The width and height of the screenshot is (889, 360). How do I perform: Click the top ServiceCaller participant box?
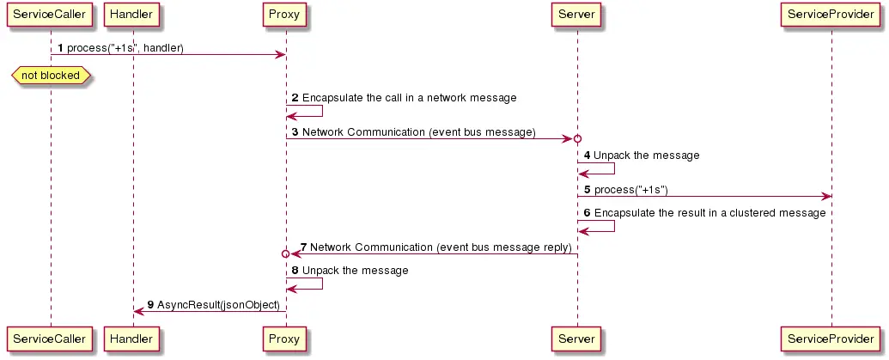(x=50, y=15)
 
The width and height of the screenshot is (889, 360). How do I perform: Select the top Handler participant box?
(x=132, y=15)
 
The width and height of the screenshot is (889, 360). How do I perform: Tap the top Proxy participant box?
(x=285, y=15)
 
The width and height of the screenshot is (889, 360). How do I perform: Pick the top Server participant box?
(x=576, y=15)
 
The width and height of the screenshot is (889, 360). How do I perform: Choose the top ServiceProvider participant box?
(x=831, y=15)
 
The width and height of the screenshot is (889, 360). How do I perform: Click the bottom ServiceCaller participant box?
(x=50, y=339)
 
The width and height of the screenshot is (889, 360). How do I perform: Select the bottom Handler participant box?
(x=132, y=339)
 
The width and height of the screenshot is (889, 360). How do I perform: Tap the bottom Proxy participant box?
(x=285, y=339)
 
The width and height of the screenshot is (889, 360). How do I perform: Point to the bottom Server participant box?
(x=576, y=339)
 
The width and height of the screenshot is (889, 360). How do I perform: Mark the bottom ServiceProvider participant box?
(x=831, y=339)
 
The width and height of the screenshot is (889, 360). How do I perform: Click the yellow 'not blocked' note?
(x=50, y=76)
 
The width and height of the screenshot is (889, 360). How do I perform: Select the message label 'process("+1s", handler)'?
(x=125, y=47)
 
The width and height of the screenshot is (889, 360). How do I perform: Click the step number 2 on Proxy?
(x=295, y=98)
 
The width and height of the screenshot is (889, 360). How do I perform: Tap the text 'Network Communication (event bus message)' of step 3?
(x=418, y=132)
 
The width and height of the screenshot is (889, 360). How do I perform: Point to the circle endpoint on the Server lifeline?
(x=577, y=139)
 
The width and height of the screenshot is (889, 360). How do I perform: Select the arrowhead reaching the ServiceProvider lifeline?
(x=826, y=197)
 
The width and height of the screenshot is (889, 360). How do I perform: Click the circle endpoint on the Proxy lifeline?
(x=285, y=254)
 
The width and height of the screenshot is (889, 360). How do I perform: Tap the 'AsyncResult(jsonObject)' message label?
(x=218, y=305)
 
